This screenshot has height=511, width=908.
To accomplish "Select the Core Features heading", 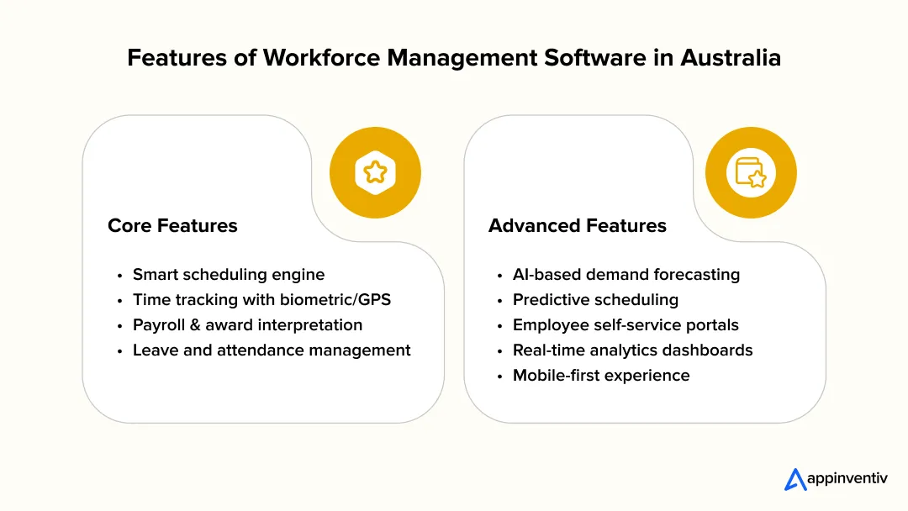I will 172,225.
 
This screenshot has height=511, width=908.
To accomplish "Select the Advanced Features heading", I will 578,225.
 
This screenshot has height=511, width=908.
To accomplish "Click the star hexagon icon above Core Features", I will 375,173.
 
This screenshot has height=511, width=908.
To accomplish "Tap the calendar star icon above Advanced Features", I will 751,173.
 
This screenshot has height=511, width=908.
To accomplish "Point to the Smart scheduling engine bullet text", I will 229,275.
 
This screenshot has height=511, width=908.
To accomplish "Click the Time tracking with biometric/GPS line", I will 261,300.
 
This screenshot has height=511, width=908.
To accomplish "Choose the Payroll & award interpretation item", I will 247,325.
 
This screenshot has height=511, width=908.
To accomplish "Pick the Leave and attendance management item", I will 272,350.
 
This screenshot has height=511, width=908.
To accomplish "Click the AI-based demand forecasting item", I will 626,275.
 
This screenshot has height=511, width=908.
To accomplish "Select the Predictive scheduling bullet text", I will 595,300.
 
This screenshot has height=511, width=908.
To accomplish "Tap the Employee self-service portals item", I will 626,325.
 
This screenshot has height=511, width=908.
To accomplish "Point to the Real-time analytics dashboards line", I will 632,350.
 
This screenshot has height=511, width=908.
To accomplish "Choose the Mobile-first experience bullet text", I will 601,376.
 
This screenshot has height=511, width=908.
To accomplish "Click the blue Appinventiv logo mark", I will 795,479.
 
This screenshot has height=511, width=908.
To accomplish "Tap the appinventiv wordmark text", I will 848,479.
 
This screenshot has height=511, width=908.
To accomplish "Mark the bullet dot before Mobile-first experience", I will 499,377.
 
